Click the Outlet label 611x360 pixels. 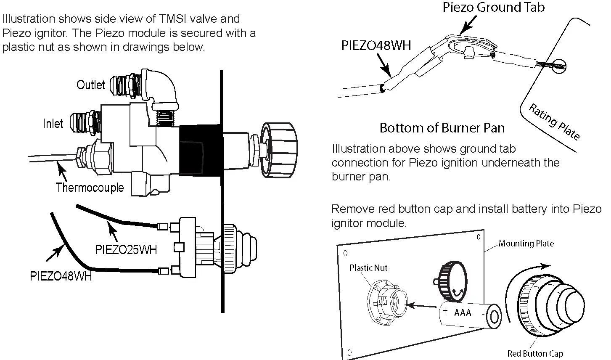(x=90, y=85)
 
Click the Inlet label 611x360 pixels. (x=53, y=124)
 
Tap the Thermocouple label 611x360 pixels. (x=90, y=187)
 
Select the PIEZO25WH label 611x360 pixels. (x=126, y=249)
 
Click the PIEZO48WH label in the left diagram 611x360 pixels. (x=61, y=277)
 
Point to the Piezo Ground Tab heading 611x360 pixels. (x=494, y=7)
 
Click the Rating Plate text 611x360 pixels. (x=554, y=122)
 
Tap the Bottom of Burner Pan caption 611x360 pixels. (x=442, y=128)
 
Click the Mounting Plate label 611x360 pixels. (x=526, y=244)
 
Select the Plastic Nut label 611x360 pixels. (x=368, y=268)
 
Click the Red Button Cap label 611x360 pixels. (x=534, y=354)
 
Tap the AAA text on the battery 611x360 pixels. (x=463, y=313)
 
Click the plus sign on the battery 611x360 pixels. (x=445, y=311)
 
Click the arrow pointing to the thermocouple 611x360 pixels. (x=63, y=172)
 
